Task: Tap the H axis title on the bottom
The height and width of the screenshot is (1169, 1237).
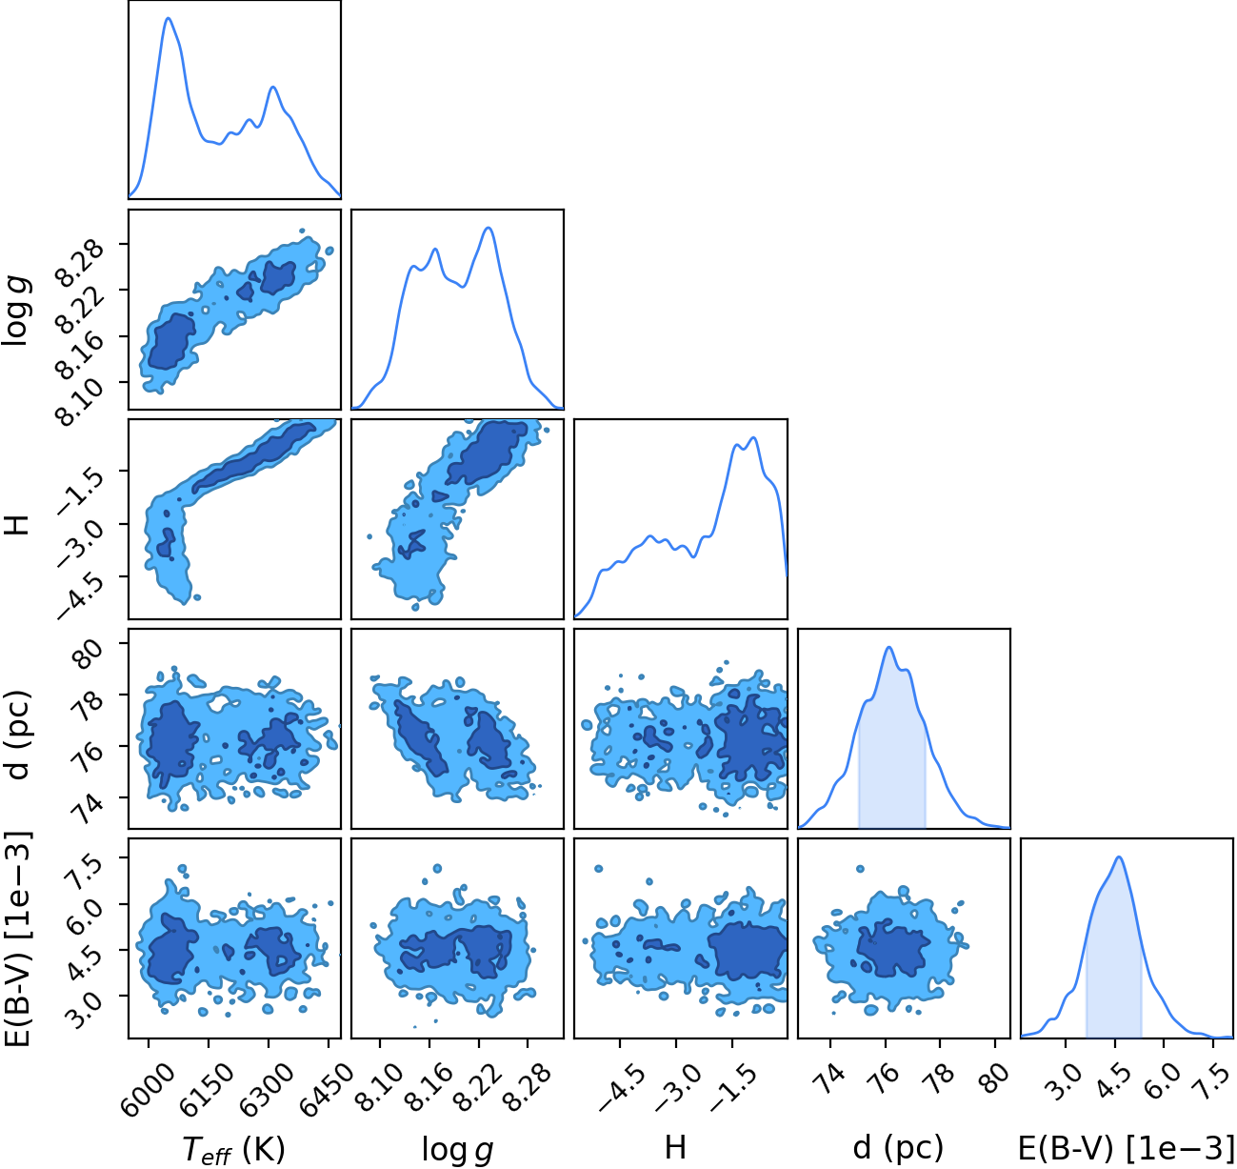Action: [x=675, y=1147]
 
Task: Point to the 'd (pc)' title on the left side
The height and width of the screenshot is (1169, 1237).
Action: [x=19, y=735]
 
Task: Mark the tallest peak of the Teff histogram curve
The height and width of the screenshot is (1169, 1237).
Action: [x=168, y=18]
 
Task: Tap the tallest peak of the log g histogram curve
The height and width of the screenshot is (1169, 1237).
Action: [x=489, y=228]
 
